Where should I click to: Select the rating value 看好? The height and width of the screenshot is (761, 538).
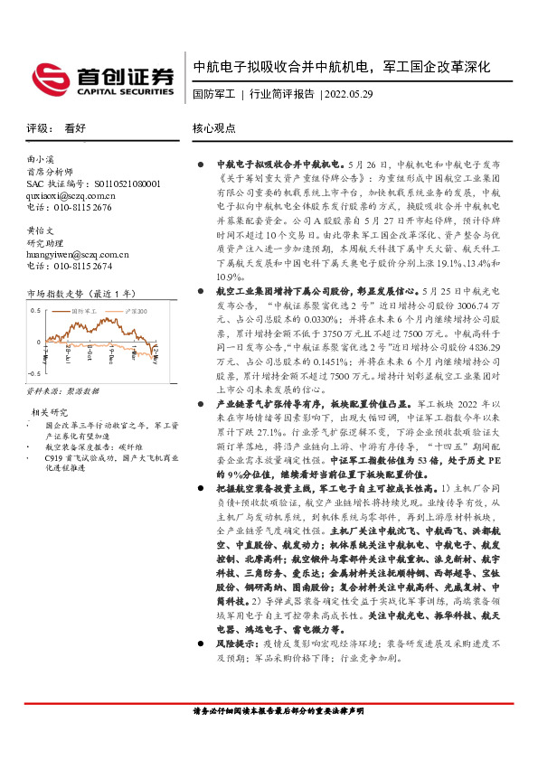tap(75, 128)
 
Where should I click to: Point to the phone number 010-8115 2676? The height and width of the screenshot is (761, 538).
tap(80, 207)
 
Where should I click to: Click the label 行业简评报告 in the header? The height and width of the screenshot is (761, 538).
tap(281, 94)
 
